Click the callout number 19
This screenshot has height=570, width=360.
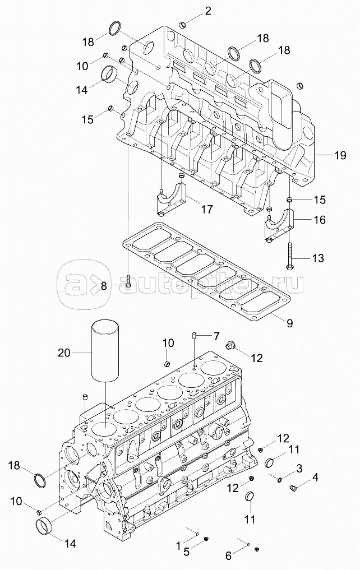(x=340, y=156)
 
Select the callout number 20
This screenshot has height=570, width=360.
(x=64, y=352)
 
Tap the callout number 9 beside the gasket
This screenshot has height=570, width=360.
(x=289, y=323)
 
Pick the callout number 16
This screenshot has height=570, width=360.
(x=320, y=220)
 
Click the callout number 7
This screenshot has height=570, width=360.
(x=216, y=336)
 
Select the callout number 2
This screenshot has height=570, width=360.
(x=207, y=11)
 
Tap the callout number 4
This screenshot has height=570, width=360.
(x=315, y=478)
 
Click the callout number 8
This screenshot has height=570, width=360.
(x=104, y=286)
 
